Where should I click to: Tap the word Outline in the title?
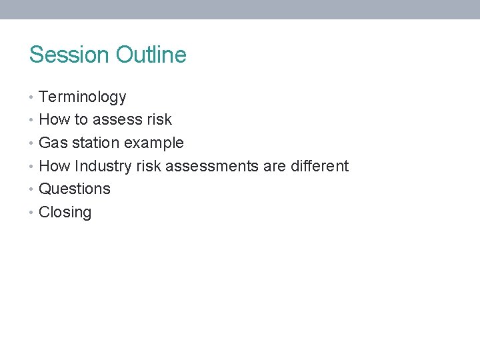(x=151, y=55)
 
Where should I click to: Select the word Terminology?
(x=83, y=97)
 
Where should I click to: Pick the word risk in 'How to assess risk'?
(x=160, y=120)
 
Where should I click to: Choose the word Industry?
(x=105, y=166)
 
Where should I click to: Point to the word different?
(x=319, y=166)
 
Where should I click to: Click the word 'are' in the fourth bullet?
(x=274, y=166)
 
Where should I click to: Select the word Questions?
(x=75, y=189)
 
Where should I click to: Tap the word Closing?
(x=65, y=213)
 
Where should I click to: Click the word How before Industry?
(x=55, y=166)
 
